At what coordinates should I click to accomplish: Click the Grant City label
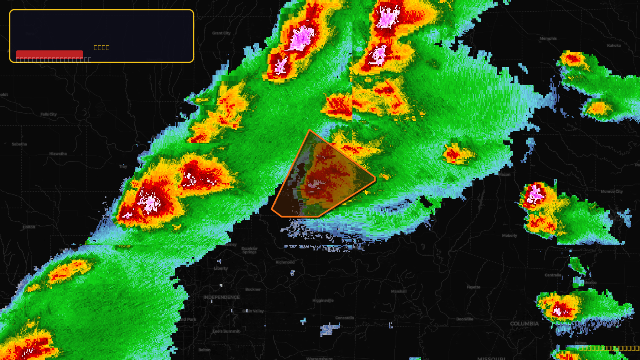point(221,33)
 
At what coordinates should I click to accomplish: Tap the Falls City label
point(48,114)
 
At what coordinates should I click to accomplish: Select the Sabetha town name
point(19,144)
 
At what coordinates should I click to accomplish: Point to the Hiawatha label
point(58,154)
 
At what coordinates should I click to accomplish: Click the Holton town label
point(29,227)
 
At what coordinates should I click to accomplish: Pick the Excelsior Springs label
point(250,250)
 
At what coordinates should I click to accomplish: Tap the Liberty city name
point(221,268)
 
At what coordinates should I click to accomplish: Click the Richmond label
point(285,262)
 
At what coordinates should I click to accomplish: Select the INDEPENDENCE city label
point(222,297)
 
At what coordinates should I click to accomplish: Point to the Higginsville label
point(323,300)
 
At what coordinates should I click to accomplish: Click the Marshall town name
point(399,291)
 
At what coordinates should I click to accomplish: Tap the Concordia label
point(344,318)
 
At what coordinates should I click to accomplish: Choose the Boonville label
point(465,319)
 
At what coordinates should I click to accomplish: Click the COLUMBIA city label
point(524,324)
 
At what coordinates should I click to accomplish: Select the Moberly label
point(510,236)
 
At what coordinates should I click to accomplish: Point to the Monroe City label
point(612,192)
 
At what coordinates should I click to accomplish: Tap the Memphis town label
point(548,39)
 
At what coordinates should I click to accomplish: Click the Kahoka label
point(614,46)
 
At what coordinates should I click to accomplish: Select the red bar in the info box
point(50,54)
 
